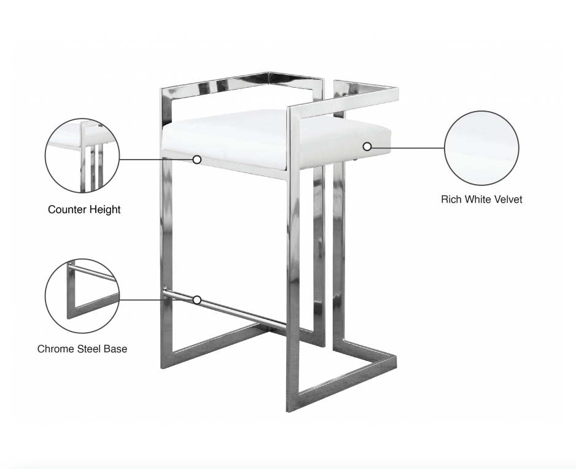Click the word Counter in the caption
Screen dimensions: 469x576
(x=66, y=210)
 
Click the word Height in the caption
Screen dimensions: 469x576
(x=103, y=210)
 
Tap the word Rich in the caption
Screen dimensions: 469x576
(x=451, y=200)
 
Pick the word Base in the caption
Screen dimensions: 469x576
(x=116, y=349)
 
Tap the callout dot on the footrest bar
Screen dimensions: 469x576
(x=197, y=300)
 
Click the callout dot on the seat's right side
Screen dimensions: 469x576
(x=367, y=147)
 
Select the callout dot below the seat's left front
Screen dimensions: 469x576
(x=197, y=160)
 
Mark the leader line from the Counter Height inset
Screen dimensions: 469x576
(x=157, y=160)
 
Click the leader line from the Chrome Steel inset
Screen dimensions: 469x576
(x=157, y=300)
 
